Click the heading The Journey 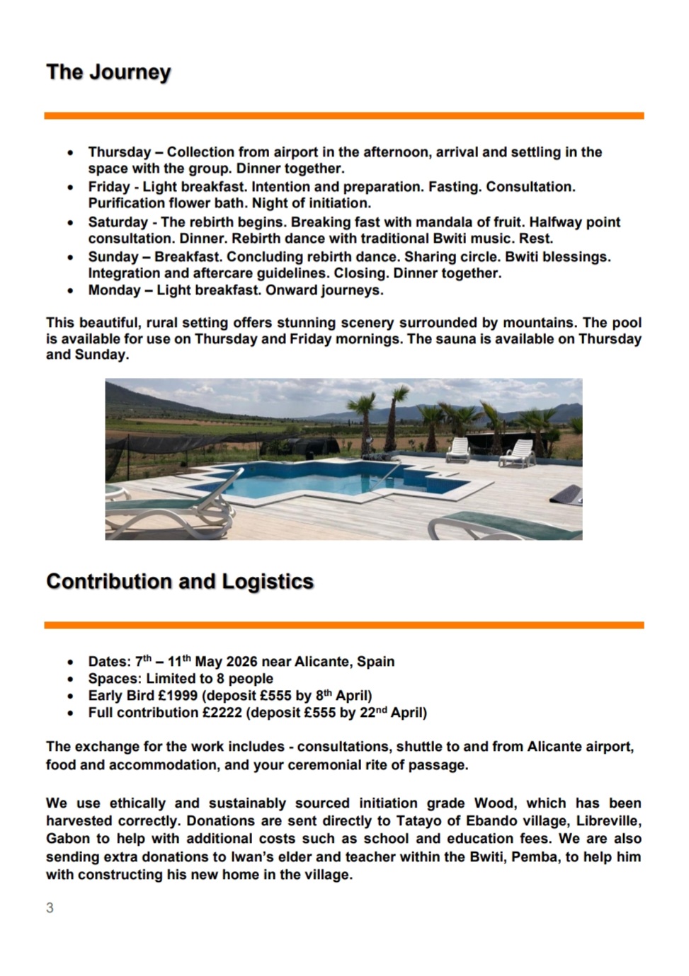108,72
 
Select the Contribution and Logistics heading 180,581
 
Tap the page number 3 50,908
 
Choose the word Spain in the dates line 375,662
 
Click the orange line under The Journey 343,115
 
